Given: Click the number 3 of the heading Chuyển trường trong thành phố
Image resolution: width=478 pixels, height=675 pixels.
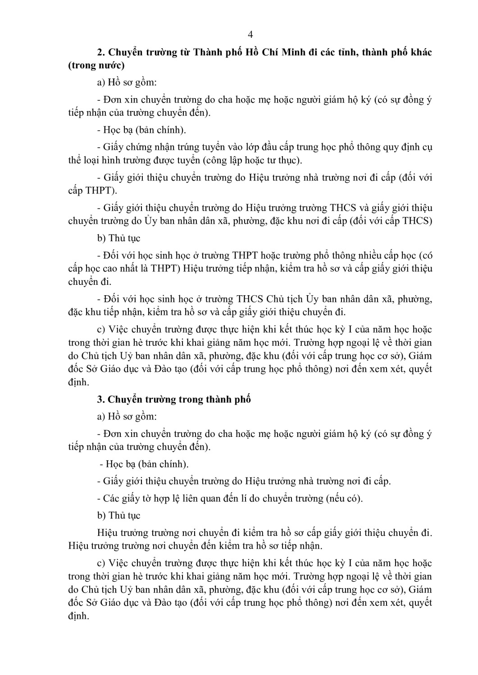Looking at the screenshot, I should pos(100,399).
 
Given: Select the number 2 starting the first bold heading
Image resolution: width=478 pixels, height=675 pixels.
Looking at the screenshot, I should pos(100,52).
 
